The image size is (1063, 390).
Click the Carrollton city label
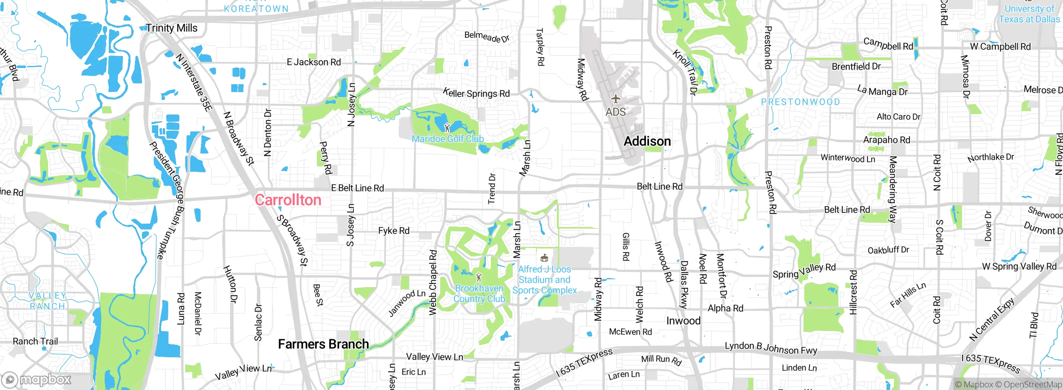click(288, 200)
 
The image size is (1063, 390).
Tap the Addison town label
click(647, 141)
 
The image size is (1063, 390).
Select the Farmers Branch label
click(323, 344)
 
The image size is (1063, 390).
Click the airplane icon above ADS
click(615, 99)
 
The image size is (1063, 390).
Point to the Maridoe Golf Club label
click(448, 139)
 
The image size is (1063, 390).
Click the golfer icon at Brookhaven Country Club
click(479, 276)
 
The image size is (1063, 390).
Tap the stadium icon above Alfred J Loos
click(544, 258)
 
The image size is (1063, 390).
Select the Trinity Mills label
click(171, 28)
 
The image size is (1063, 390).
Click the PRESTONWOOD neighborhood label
click(800, 102)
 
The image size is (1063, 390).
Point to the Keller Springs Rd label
click(476, 93)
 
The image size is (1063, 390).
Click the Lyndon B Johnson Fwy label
click(771, 348)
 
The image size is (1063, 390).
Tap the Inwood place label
click(683, 321)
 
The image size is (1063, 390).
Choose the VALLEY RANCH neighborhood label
click(47, 301)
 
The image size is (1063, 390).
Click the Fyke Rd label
click(394, 231)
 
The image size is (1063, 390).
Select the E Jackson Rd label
click(314, 62)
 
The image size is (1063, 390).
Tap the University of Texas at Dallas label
click(1029, 14)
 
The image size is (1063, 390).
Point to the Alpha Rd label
click(725, 308)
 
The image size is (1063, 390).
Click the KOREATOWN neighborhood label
click(256, 8)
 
